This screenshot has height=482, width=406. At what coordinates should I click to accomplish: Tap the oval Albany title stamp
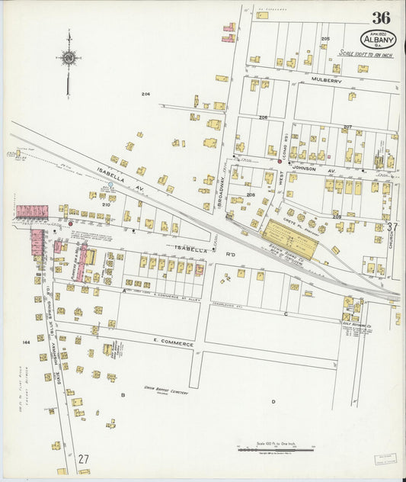point(378,39)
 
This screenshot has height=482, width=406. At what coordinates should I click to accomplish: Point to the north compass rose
point(69,58)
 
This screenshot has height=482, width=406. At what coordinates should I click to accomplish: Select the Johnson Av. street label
point(304,169)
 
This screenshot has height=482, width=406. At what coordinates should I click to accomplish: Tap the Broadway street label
point(223,183)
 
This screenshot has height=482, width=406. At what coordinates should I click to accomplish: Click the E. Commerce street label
point(172,345)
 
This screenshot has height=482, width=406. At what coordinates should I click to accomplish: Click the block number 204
point(145,94)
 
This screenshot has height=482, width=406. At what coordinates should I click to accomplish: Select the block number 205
point(325,38)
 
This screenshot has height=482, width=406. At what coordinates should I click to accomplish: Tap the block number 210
point(106,204)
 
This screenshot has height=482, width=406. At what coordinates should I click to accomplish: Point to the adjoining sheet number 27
point(84,459)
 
